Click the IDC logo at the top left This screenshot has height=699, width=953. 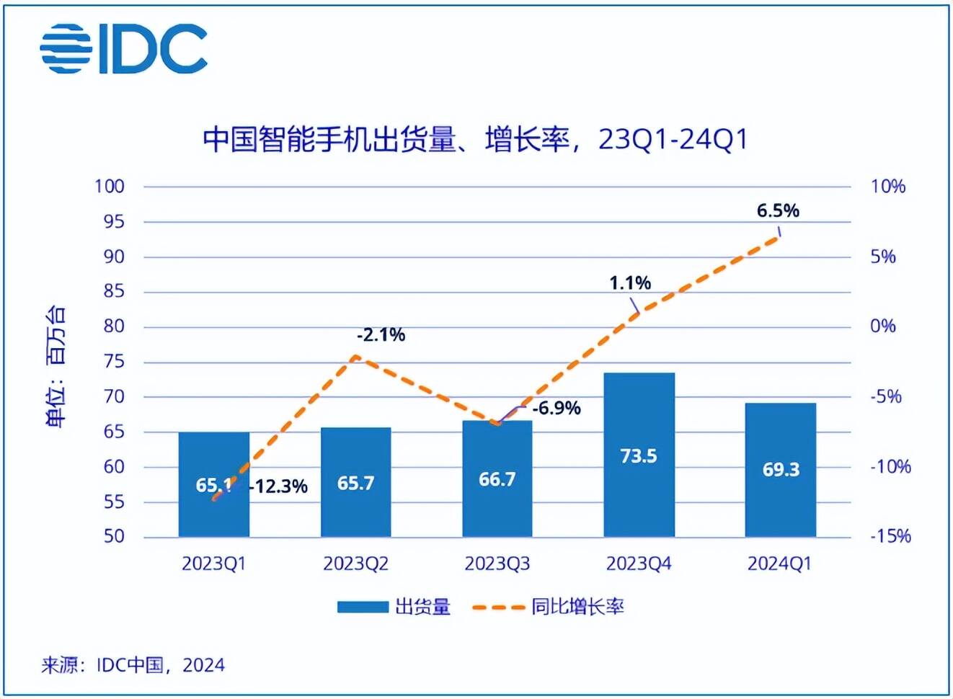pyautogui.click(x=124, y=48)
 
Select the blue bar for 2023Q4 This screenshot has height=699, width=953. pyautogui.click(x=639, y=455)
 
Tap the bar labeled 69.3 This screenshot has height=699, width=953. pyautogui.click(x=781, y=470)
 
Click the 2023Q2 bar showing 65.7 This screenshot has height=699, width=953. pyautogui.click(x=355, y=482)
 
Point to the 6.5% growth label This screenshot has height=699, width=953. pyautogui.click(x=778, y=210)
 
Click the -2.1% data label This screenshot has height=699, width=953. pyautogui.click(x=381, y=334)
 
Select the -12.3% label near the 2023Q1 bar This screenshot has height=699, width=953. pyautogui.click(x=278, y=486)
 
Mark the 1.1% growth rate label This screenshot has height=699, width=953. pyautogui.click(x=629, y=282)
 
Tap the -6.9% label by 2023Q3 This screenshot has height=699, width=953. pyautogui.click(x=557, y=408)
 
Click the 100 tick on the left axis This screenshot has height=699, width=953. pyautogui.click(x=110, y=186)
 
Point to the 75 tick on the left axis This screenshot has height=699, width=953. pyautogui.click(x=114, y=362)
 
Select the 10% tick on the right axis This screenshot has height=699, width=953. pyautogui.click(x=887, y=186)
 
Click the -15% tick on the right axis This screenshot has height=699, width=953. pyautogui.click(x=890, y=536)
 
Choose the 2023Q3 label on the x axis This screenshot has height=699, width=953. pyautogui.click(x=497, y=564)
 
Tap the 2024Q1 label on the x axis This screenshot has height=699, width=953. pyautogui.click(x=779, y=564)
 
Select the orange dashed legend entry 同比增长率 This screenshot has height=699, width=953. pyautogui.click(x=548, y=607)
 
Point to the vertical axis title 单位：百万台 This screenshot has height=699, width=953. pyautogui.click(x=56, y=366)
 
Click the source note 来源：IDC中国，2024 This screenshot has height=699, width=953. pyautogui.click(x=133, y=664)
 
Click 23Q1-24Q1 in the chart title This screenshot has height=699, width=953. pyautogui.click(x=673, y=138)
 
